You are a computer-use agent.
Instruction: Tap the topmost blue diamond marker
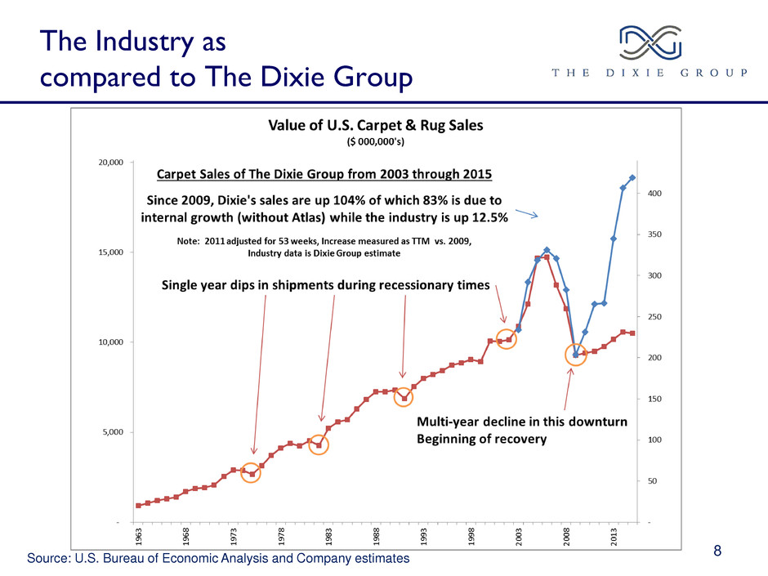pos(632,178)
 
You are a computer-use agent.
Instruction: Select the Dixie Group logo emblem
pos(650,42)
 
